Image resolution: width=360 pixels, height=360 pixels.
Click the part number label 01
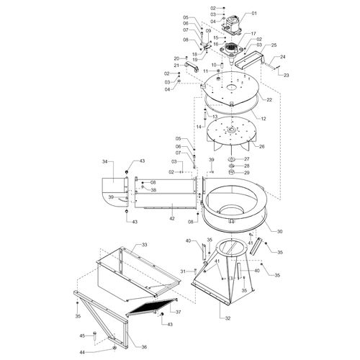(x=254, y=13)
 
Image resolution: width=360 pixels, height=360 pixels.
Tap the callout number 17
(x=253, y=34)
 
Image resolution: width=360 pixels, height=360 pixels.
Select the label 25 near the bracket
(x=274, y=45)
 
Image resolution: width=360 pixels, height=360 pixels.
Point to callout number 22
(x=269, y=99)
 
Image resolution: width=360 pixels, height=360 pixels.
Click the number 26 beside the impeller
(x=262, y=146)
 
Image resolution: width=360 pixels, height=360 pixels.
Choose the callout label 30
(x=279, y=232)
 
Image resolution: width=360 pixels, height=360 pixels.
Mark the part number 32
(x=228, y=318)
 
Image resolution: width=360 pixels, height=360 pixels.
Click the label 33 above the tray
(x=144, y=245)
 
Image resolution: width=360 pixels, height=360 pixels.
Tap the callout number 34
(x=105, y=162)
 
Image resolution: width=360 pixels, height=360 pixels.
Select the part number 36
(x=144, y=347)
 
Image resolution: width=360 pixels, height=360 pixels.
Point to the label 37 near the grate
(x=178, y=312)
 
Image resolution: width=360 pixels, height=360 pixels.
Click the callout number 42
(x=172, y=219)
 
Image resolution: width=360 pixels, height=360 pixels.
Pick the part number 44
(x=83, y=352)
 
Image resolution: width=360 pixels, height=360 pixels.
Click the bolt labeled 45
(x=94, y=336)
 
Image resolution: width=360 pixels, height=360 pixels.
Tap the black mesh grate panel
(x=152, y=306)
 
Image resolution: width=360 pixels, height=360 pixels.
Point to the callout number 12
(x=264, y=119)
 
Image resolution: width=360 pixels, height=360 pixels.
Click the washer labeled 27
(x=232, y=159)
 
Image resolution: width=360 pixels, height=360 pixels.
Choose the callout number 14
(x=199, y=127)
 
